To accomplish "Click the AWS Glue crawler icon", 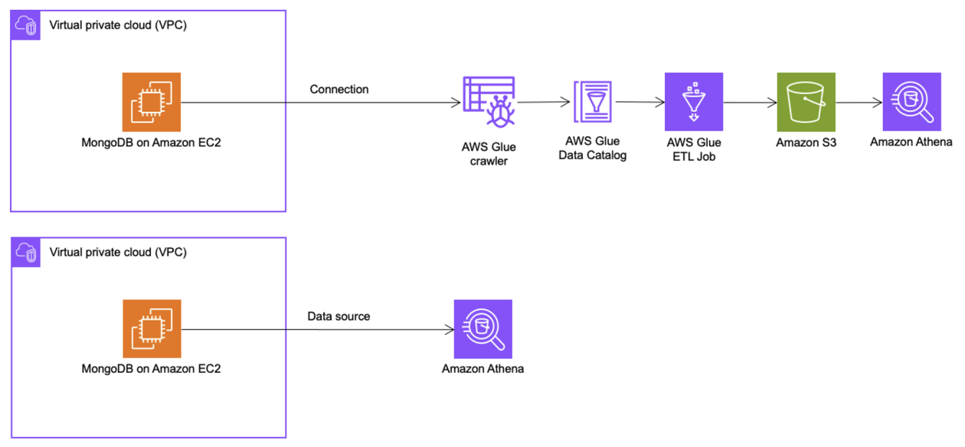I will (x=489, y=102).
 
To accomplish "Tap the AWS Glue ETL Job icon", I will (x=694, y=102).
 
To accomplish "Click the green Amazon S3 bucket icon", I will (x=806, y=102).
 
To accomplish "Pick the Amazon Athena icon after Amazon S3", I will (x=911, y=102).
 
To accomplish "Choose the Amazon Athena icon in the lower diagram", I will (x=483, y=329).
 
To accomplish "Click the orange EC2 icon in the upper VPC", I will (x=152, y=102).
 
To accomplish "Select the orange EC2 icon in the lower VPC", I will (x=152, y=329).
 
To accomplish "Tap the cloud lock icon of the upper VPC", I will (x=25, y=25).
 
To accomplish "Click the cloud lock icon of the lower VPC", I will (x=25, y=252).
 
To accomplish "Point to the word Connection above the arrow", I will (x=339, y=90).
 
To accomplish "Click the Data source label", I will (x=339, y=316).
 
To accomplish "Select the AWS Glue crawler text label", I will (x=489, y=155).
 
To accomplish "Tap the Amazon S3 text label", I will (x=806, y=142).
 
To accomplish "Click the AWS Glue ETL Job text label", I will (x=694, y=148).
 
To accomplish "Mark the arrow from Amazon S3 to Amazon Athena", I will (x=859, y=102).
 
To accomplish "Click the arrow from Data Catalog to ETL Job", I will (x=640, y=101).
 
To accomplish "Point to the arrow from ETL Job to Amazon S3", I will (x=749, y=102).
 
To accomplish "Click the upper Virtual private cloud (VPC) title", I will (x=118, y=25).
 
